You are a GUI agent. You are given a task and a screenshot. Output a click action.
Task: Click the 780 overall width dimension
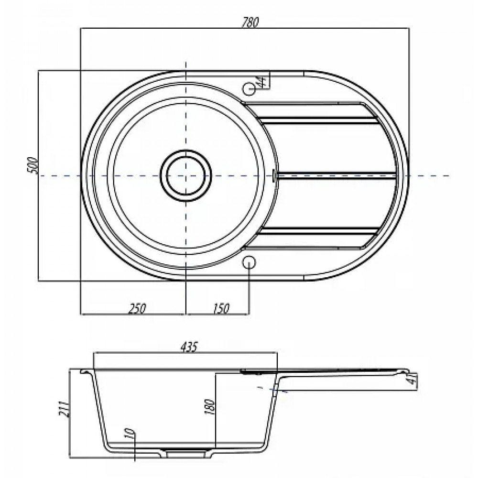pos(250,22)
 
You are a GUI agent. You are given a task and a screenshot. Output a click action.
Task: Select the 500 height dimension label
pos(33,166)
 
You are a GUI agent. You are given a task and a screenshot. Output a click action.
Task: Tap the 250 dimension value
pos(137,308)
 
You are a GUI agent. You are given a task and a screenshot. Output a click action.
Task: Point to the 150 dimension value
pos(220,308)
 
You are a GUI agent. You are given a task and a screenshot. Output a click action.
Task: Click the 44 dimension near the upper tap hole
pos(261,81)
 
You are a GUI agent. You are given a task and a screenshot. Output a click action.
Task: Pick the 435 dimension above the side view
pos(189,347)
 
